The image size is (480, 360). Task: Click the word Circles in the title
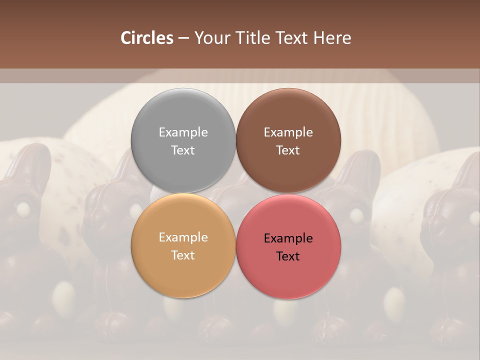tap(146, 38)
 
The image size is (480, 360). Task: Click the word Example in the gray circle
tap(183, 132)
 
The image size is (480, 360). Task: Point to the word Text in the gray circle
tap(183, 150)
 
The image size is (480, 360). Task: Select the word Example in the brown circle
tap(288, 132)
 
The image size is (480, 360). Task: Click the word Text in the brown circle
tap(288, 150)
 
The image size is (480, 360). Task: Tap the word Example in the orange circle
tap(183, 237)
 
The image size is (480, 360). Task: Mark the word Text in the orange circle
tap(183, 255)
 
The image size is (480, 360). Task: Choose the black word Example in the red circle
tap(288, 238)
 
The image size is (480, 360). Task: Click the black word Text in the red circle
tap(288, 256)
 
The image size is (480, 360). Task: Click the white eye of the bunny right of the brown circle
tap(356, 216)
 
